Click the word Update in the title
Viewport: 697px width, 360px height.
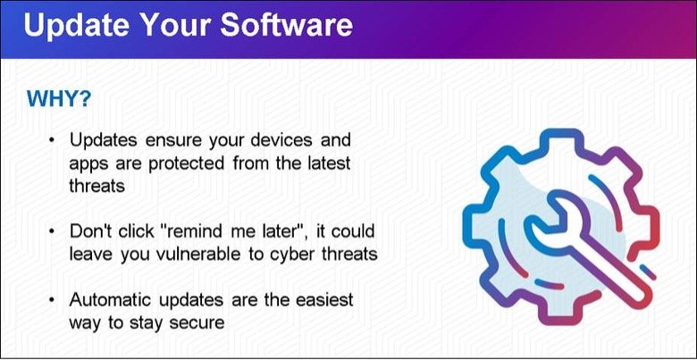tap(76, 25)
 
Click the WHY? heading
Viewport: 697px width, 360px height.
tap(59, 99)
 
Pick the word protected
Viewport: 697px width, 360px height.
tap(186, 164)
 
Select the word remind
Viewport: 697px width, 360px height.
tap(199, 230)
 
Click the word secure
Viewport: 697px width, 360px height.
tap(197, 323)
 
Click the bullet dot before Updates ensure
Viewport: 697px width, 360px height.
tap(52, 140)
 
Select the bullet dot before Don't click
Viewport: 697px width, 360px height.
tap(52, 231)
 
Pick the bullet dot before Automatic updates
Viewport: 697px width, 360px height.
tap(52, 300)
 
